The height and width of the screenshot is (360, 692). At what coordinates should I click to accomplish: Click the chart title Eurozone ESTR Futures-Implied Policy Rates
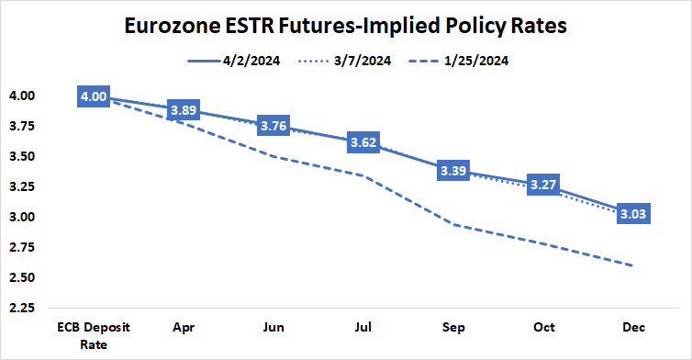(346, 27)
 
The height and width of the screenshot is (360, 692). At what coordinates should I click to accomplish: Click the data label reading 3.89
(184, 109)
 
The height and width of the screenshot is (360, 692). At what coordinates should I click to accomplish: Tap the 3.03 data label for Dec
(636, 215)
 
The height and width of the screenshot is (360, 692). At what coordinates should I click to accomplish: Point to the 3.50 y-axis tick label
(23, 156)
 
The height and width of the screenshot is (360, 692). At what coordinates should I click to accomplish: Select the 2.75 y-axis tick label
(23, 247)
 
